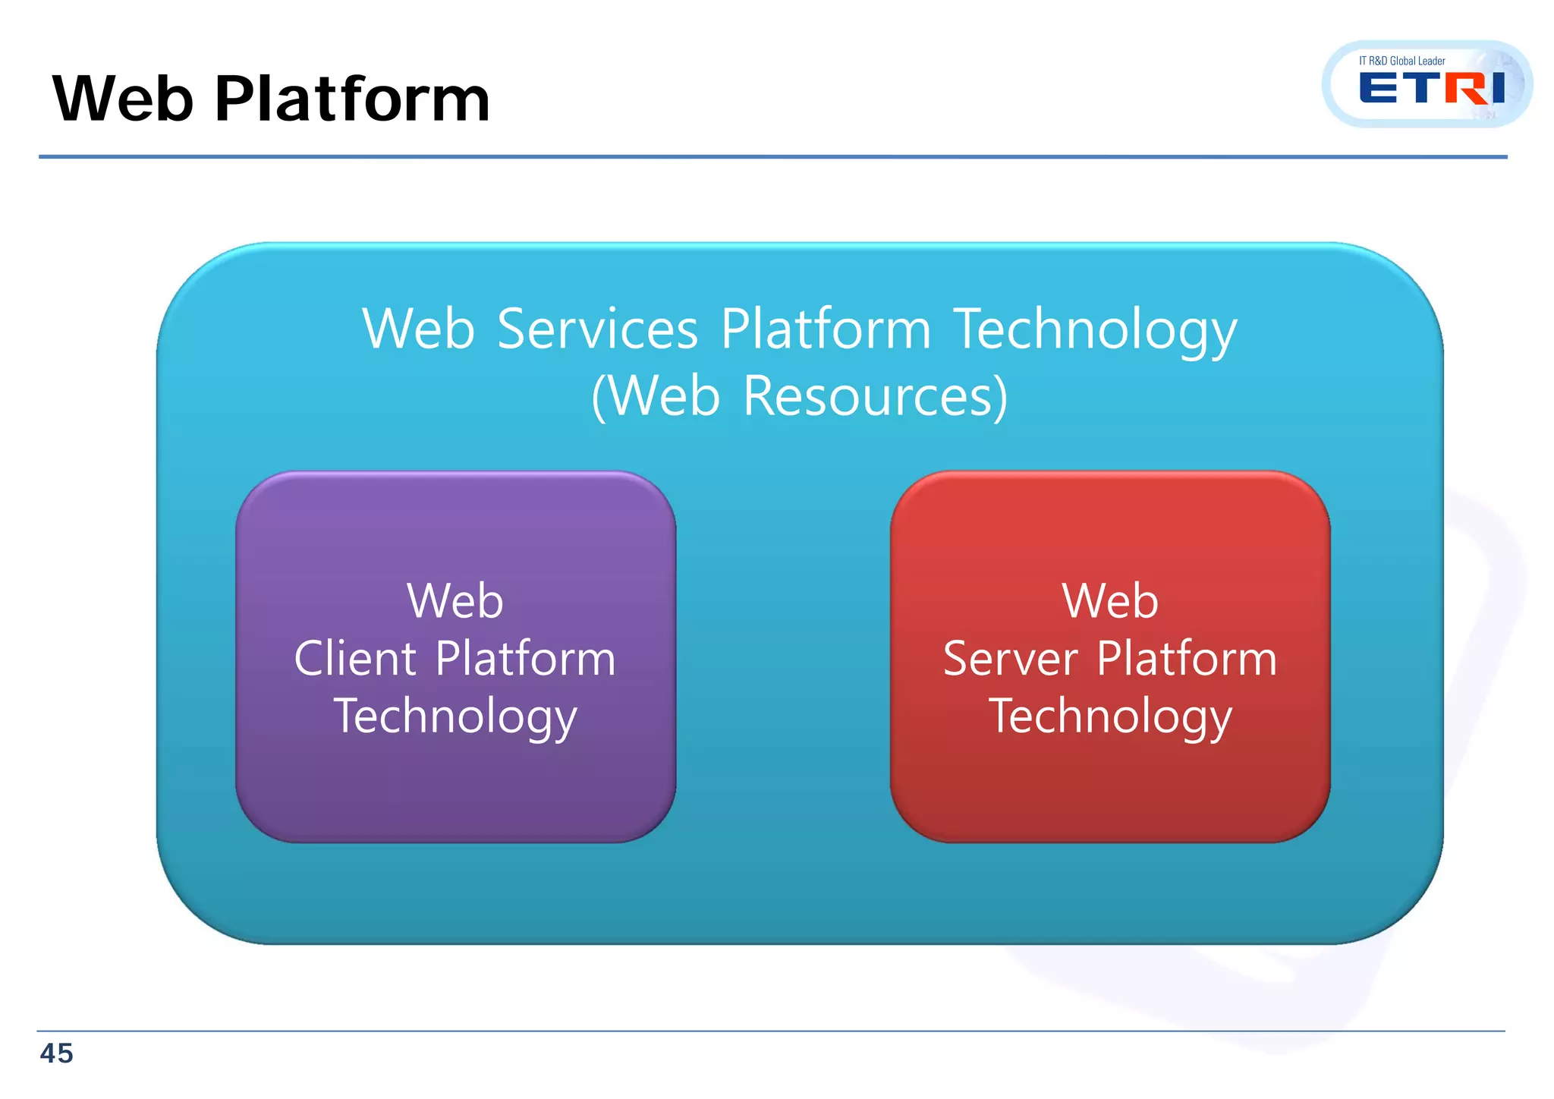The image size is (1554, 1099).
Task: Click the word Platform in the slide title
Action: pyautogui.click(x=352, y=99)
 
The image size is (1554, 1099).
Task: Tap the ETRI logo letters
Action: pyautogui.click(x=1431, y=89)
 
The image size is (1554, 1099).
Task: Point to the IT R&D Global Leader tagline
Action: pyautogui.click(x=1401, y=61)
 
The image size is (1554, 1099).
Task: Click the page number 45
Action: pyautogui.click(x=56, y=1053)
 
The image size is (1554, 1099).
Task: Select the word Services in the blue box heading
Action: pyautogui.click(x=597, y=329)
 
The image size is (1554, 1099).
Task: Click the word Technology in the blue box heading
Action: pyautogui.click(x=1095, y=331)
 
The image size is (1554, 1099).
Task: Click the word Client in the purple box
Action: pyautogui.click(x=355, y=658)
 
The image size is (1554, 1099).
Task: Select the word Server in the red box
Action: pyautogui.click(x=1010, y=658)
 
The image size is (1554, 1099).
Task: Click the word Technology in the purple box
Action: pyautogui.click(x=455, y=716)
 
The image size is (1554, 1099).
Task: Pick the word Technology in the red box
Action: pyautogui.click(x=1110, y=716)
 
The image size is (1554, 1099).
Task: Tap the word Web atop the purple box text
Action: pyautogui.click(x=455, y=600)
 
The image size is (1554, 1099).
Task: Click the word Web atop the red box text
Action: pyautogui.click(x=1110, y=600)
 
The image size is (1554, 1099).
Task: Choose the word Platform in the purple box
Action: pyautogui.click(x=525, y=658)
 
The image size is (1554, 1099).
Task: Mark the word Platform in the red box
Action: pyautogui.click(x=1187, y=658)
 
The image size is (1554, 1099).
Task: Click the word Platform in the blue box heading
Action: pyautogui.click(x=825, y=329)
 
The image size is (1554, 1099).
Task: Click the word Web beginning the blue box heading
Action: pyautogui.click(x=418, y=329)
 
